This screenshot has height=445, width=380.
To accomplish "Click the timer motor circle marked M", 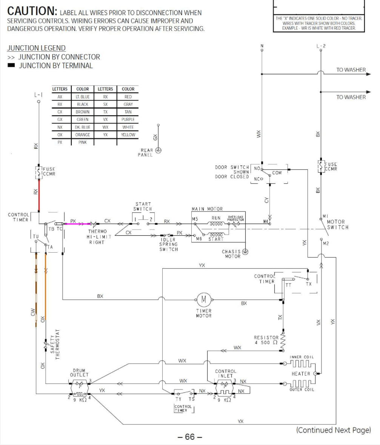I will click(x=204, y=300).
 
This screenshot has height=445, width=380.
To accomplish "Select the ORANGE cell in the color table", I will click(x=83, y=135).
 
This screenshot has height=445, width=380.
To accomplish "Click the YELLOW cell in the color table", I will click(x=128, y=135).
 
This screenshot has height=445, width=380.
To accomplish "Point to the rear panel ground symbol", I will click(x=158, y=150).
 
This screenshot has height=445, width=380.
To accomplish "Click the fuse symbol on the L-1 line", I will click(x=38, y=172).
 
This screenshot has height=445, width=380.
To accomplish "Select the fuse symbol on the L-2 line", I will click(x=320, y=166).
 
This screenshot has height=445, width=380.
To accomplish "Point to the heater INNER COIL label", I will click(x=302, y=357).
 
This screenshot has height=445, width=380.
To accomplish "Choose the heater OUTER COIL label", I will click(x=302, y=390).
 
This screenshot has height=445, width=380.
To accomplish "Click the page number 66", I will click(x=190, y=437).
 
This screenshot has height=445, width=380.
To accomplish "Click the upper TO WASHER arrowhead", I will click(x=368, y=74).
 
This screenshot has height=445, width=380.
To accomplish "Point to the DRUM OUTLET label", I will click(x=79, y=373).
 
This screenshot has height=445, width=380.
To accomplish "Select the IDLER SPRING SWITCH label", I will click(x=168, y=244).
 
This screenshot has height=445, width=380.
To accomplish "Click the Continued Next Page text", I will click(x=333, y=430).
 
